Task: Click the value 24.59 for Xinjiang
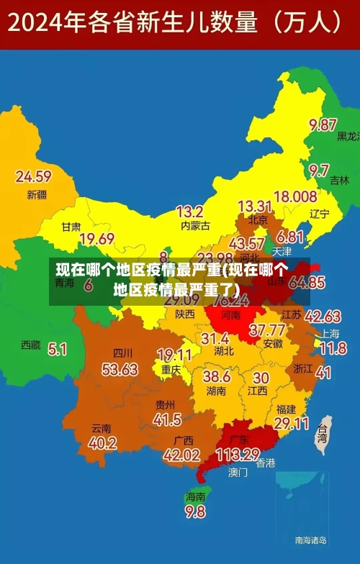tap(33, 176)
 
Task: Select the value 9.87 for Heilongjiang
tap(323, 124)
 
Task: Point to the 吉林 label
tap(339, 181)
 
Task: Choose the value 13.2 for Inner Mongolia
tap(189, 211)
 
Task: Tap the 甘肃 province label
tap(71, 226)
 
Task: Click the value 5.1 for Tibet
tap(57, 349)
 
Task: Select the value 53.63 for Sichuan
tap(120, 369)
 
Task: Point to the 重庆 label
tap(171, 370)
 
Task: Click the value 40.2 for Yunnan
tap(102, 443)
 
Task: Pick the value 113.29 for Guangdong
tap(237, 455)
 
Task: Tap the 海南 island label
tap(195, 496)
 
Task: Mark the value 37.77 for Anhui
tap(266, 330)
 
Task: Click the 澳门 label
tap(238, 473)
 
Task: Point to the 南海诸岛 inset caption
tap(310, 539)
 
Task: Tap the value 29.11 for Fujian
tap(292, 423)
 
